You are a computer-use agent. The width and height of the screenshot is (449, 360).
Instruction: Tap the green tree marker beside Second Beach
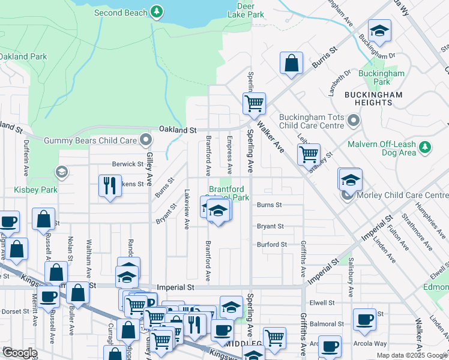[x=157, y=11]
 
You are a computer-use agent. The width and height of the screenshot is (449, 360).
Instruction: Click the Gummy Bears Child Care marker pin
[x=146, y=140]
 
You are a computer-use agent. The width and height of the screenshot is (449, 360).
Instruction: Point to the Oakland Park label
[x=22, y=56]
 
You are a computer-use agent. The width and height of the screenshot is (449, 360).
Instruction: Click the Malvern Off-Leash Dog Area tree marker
[x=425, y=146]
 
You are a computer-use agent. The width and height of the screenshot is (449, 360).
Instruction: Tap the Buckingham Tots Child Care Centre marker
[x=354, y=121]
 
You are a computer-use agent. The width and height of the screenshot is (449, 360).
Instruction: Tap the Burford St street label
[x=272, y=245]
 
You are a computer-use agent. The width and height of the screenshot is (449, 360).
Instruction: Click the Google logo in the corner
[x=20, y=353]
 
